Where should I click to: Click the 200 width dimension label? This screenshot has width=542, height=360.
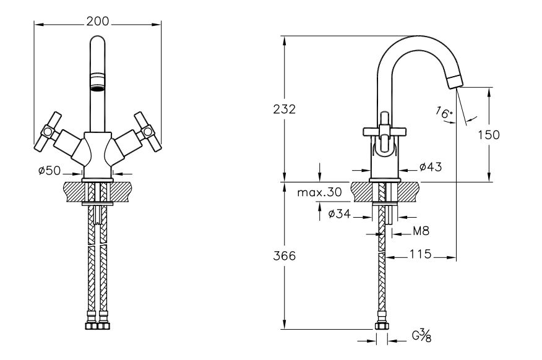(98, 21)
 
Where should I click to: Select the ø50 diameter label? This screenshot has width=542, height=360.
(49, 170)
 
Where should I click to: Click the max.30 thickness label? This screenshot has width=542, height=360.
(319, 192)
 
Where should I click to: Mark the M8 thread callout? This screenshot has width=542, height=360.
(421, 232)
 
